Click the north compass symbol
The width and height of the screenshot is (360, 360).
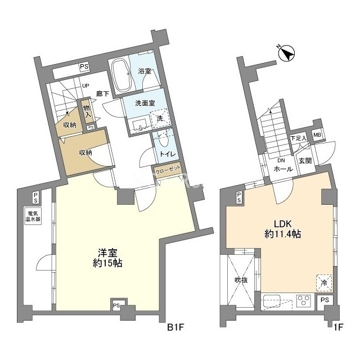pos(286,54)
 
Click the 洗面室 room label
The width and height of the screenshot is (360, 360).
pos(145,103)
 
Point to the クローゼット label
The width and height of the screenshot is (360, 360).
pos(167,170)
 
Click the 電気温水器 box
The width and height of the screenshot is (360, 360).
pos(33,216)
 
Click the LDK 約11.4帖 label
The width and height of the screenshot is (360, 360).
pos(282,229)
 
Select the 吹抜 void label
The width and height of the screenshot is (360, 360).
pos(241,280)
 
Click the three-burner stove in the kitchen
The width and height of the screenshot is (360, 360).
pos(303,301)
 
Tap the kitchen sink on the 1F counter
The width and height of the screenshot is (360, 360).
pos(272,301)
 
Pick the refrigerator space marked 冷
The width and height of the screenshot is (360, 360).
pos(324,282)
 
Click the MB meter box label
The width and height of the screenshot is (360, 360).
pos(317,135)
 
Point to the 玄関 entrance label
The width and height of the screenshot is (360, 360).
pos(305,161)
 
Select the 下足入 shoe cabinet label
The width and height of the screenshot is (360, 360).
pos(298,138)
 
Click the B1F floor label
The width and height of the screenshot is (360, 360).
pos(175,327)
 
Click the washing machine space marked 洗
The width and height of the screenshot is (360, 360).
pos(160,119)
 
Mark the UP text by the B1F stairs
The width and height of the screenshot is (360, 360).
pos(85,86)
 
